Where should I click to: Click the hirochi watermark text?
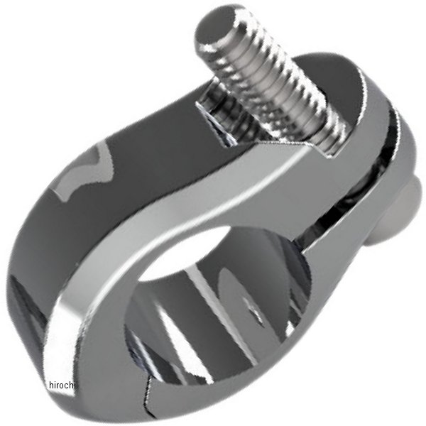[62, 385]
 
